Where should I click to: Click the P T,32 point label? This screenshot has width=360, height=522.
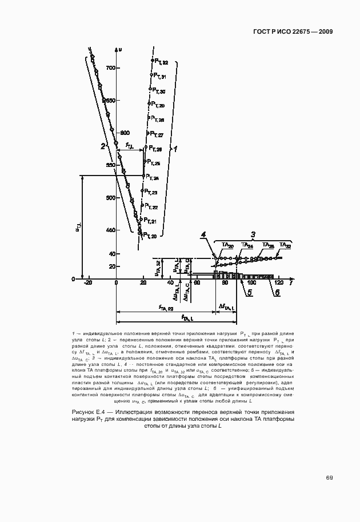coord(160,62)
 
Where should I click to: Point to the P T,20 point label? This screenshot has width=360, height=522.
coord(150,235)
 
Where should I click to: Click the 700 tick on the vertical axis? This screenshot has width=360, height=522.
coord(110,68)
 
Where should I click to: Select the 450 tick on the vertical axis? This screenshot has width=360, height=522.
coord(110,230)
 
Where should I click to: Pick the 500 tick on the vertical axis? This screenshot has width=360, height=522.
coord(110,198)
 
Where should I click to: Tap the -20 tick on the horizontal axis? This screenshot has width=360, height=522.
coord(87,284)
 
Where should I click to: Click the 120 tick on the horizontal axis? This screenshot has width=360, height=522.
coord(279,284)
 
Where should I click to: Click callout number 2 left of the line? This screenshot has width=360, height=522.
coord(103,146)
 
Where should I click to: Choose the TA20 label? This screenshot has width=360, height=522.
coord(227,245)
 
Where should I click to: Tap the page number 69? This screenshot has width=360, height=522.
coord(329,478)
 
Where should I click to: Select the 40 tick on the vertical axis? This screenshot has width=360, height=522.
coord(112,253)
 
